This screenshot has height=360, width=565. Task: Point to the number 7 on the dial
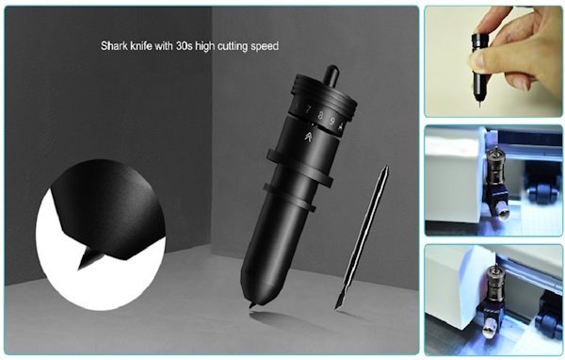[308, 110]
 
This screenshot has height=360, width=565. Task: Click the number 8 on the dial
[320, 116]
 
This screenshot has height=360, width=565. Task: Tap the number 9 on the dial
[332, 121]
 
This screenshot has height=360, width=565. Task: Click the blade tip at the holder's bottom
[252, 305]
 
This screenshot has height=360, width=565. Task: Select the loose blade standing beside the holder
[362, 237]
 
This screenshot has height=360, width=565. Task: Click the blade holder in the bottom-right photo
[492, 299]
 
